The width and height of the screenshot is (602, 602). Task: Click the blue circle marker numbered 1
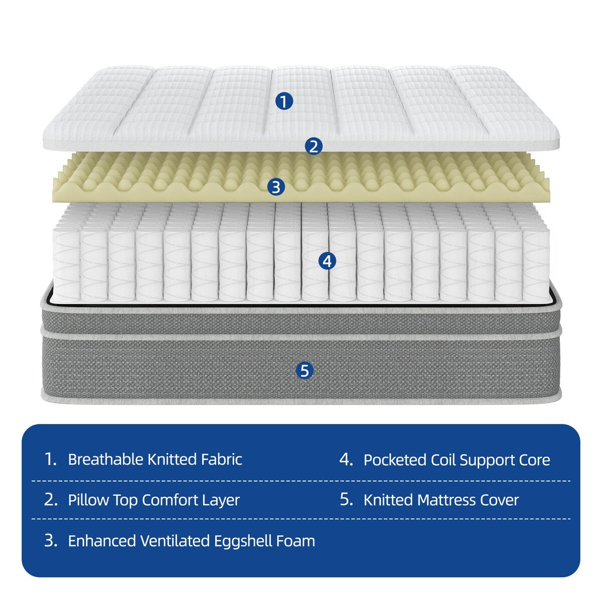[x=284, y=102]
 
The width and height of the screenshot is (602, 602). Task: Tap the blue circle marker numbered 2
[x=314, y=147]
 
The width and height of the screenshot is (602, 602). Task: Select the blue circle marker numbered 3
[x=276, y=187]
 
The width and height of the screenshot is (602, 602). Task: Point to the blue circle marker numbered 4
[x=327, y=261]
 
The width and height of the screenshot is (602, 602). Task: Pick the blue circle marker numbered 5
[x=305, y=371]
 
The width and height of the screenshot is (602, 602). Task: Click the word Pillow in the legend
[x=88, y=500]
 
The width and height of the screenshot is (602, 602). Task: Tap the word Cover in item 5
[x=499, y=500]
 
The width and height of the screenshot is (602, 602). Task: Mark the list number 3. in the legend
[x=51, y=541]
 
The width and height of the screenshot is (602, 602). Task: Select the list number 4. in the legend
[x=346, y=460]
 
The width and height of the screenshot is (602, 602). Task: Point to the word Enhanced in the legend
[x=102, y=541]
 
